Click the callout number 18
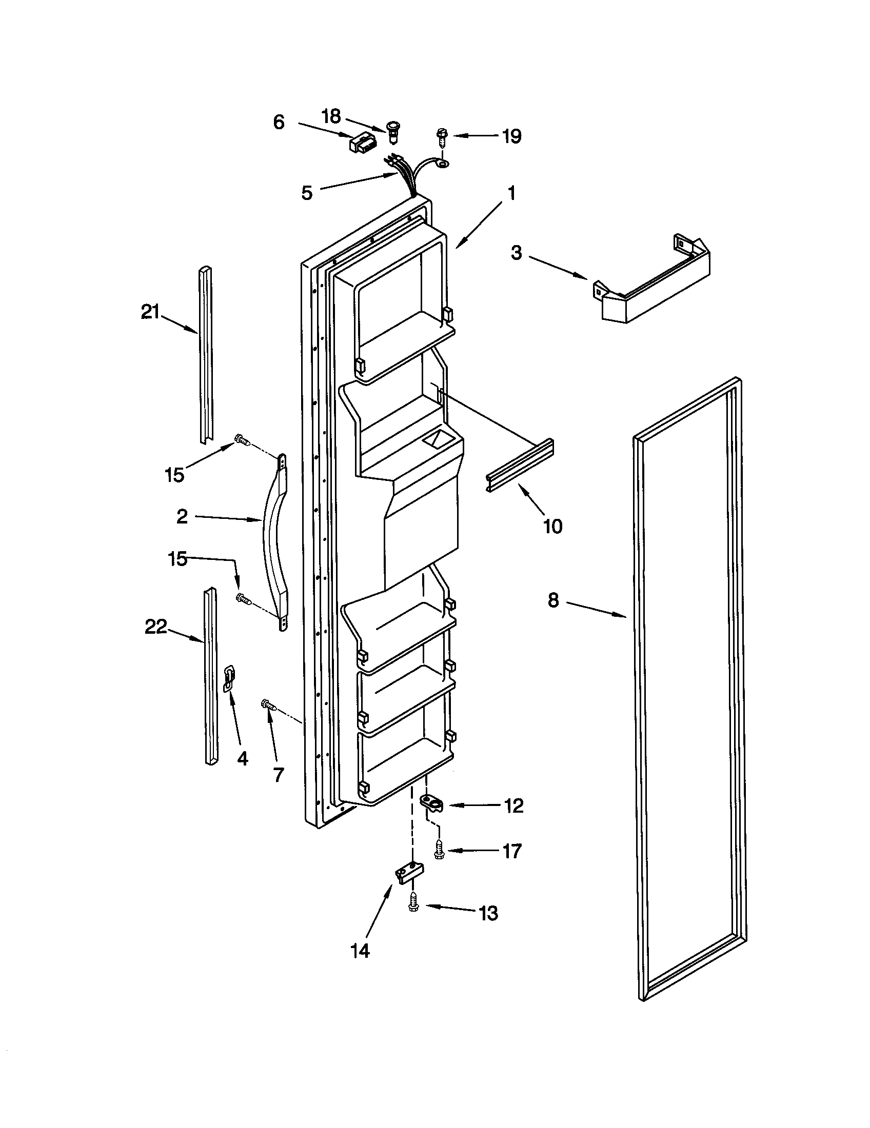click(331, 117)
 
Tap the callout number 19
click(511, 136)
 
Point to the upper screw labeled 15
click(242, 440)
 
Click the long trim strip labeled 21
click(206, 356)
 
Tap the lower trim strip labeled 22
click(210, 677)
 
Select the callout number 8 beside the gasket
click(553, 600)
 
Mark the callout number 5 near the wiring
click(307, 193)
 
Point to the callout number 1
click(511, 194)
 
